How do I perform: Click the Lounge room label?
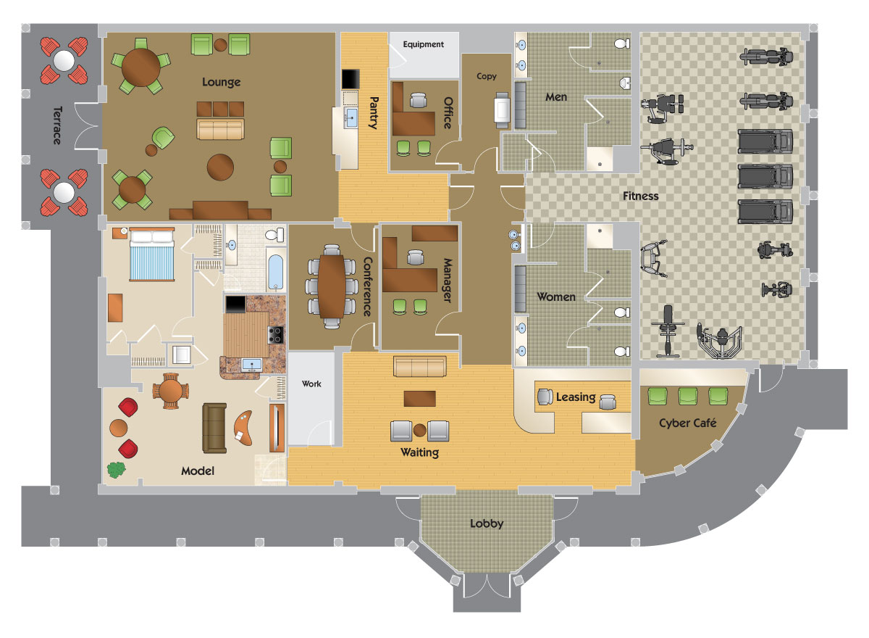221,82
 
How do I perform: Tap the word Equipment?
423,45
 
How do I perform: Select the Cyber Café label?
687,423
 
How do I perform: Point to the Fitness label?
640,196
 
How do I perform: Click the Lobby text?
487,523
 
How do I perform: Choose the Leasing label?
576,397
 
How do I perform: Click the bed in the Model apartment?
151,254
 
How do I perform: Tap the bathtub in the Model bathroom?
275,272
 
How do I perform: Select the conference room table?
332,286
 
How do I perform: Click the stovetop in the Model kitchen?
275,335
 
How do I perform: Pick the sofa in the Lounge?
220,129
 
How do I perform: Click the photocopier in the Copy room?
502,110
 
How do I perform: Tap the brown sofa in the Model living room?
214,428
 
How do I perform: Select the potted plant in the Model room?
117,470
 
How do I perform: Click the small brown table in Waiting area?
420,399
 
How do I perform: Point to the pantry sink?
351,117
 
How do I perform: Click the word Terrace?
57,125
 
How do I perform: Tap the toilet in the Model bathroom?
274,235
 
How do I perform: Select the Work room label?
311,384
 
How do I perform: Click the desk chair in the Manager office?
415,257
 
